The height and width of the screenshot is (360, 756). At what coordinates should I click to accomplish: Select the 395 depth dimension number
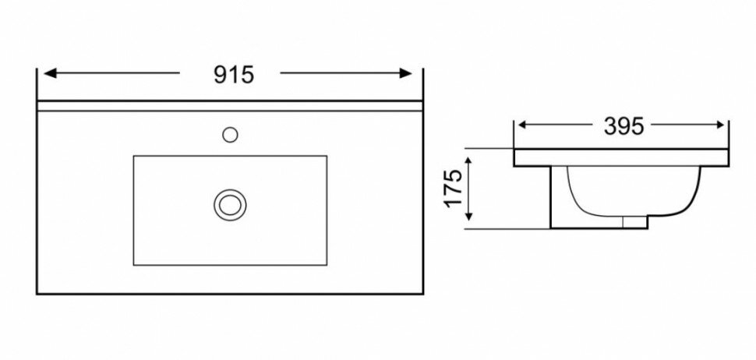(624, 126)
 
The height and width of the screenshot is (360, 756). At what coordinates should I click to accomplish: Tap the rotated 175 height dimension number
(456, 190)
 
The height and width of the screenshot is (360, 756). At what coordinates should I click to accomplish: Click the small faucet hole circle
(230, 134)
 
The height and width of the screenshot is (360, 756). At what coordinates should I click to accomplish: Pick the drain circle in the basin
(228, 204)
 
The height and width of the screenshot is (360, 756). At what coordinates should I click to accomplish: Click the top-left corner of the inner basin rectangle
(133, 156)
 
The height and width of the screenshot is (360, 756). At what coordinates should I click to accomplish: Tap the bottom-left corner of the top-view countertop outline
(38, 295)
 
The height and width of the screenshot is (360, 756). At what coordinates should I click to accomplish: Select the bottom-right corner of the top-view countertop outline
(422, 295)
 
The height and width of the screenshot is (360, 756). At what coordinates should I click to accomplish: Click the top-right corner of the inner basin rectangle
(326, 156)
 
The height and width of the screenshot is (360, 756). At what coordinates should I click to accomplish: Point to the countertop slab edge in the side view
(621, 157)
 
